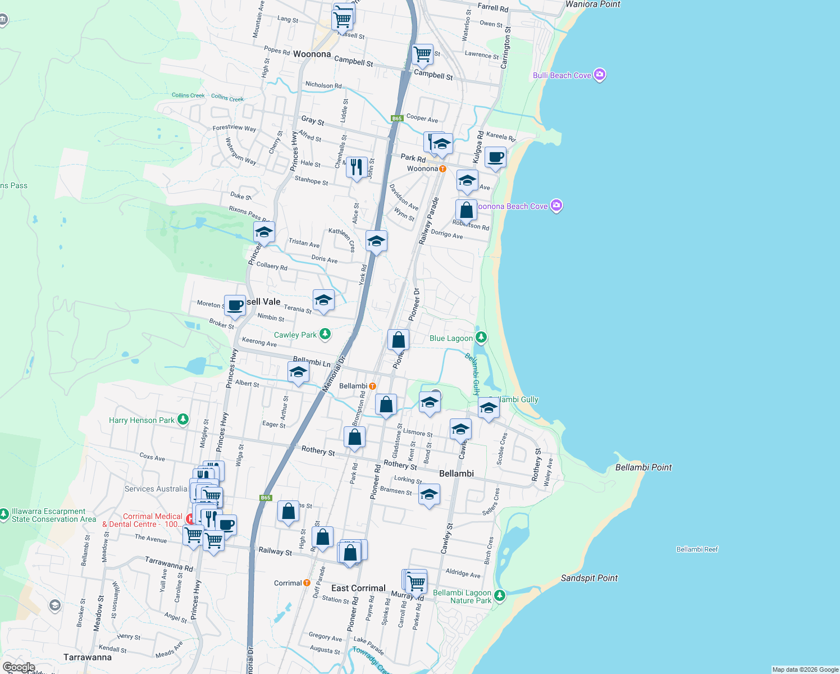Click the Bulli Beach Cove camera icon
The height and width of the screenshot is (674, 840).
600,75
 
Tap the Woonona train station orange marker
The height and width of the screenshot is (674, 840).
442,168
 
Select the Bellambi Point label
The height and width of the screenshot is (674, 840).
643,467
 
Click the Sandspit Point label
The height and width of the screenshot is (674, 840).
589,578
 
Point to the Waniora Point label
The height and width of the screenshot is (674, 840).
593,4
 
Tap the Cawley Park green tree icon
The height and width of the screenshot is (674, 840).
325,334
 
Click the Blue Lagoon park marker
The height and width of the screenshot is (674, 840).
481,338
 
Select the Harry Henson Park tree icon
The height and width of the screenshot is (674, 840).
182,420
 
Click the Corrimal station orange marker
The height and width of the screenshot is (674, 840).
307,583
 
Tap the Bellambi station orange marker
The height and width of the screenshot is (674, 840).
372,386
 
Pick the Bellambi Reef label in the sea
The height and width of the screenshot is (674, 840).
697,549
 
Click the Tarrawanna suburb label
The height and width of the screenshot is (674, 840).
88,657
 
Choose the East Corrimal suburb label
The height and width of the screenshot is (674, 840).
358,588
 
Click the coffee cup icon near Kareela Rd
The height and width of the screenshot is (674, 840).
495,157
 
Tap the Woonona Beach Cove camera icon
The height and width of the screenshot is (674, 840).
556,206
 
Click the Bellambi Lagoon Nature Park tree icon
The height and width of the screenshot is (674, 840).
500,595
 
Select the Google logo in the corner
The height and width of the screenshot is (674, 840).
19,667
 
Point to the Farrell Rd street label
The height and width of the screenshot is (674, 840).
492,8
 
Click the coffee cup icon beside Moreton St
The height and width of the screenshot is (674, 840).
235,306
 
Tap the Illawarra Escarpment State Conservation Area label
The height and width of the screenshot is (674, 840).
49,515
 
